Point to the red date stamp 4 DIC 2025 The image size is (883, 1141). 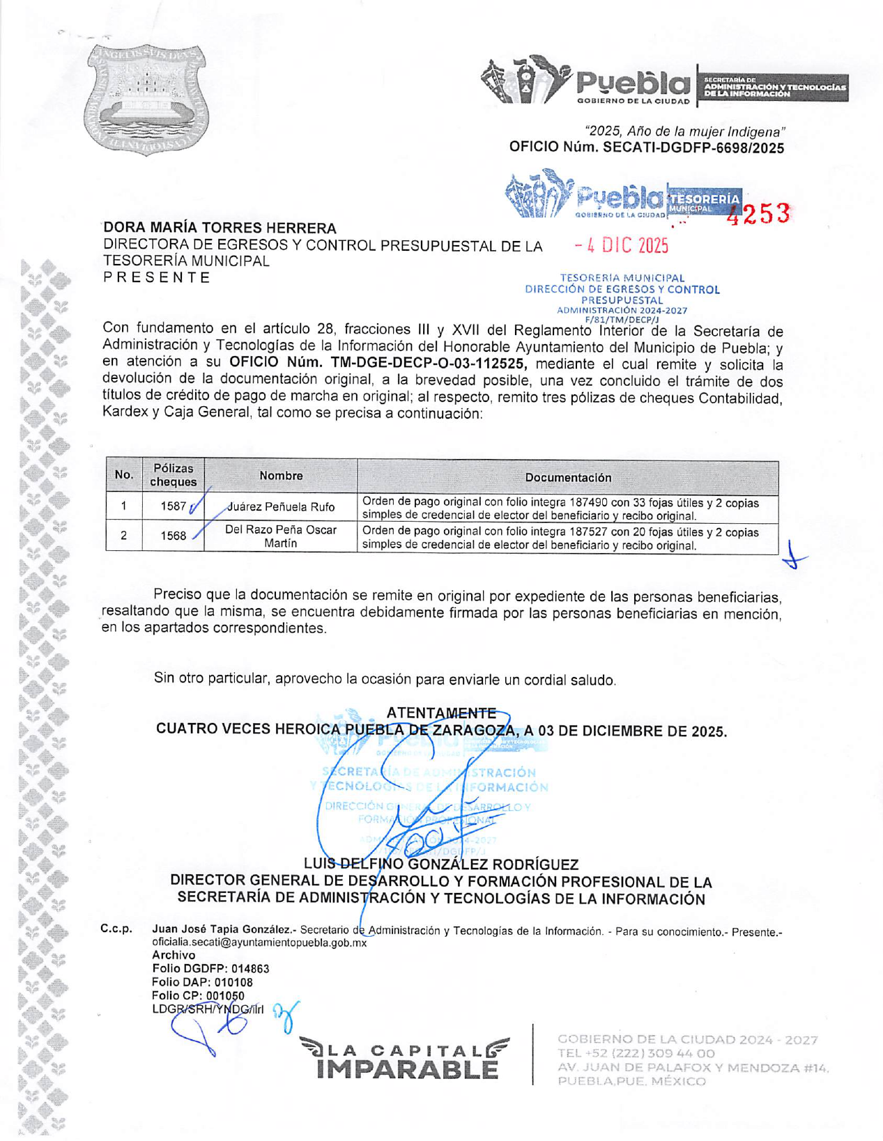click(x=622, y=245)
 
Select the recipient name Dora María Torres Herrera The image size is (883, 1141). click(x=220, y=228)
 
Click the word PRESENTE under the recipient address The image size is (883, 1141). click(x=157, y=278)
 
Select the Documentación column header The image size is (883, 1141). click(x=567, y=477)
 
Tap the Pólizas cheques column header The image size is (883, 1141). click(x=173, y=475)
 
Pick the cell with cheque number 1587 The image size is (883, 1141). click(x=173, y=506)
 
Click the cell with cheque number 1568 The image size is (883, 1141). click(x=173, y=536)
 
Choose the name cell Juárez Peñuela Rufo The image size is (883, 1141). click(x=281, y=507)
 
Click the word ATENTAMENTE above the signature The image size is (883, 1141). click(x=440, y=713)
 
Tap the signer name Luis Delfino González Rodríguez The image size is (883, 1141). click(x=441, y=864)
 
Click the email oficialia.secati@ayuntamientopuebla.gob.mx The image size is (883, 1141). click(x=259, y=942)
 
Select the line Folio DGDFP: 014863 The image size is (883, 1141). click(x=210, y=968)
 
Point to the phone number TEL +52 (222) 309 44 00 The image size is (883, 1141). click(x=636, y=1053)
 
